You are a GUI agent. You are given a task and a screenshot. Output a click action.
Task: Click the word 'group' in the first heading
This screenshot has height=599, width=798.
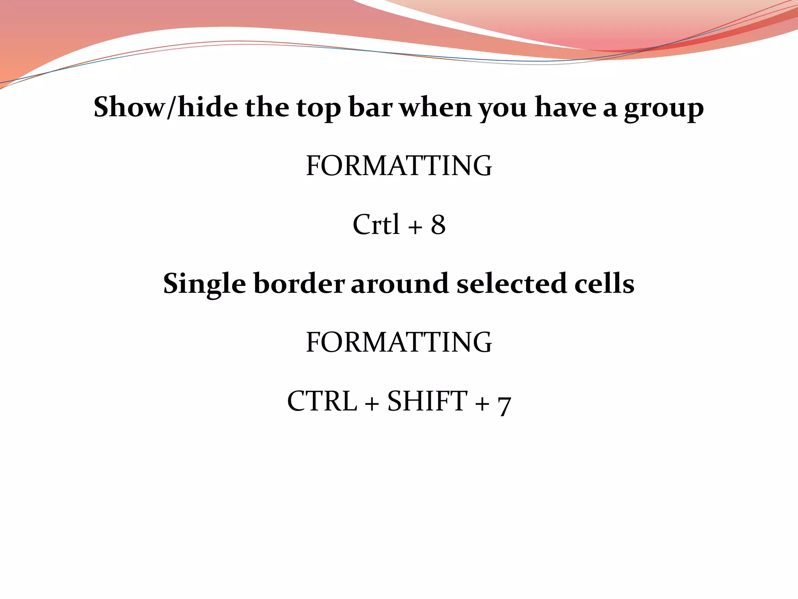(664, 109)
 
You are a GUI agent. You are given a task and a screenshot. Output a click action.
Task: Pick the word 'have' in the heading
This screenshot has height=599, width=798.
(565, 107)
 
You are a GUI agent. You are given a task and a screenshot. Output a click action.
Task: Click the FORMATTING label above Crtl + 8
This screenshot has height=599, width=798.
(399, 166)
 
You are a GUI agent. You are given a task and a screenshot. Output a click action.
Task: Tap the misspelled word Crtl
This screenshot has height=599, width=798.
(376, 225)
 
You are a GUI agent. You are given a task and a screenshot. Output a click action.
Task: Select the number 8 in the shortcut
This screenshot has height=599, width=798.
(438, 225)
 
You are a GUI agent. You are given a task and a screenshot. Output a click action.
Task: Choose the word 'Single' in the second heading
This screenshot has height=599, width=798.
(205, 284)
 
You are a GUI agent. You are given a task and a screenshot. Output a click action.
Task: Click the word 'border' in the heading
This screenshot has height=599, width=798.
(299, 284)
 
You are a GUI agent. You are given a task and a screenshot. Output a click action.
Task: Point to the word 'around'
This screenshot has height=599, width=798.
(400, 284)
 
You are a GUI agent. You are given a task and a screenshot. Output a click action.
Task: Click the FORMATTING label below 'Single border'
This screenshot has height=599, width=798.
(399, 342)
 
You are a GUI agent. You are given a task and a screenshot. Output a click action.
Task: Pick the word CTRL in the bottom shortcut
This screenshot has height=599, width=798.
(322, 401)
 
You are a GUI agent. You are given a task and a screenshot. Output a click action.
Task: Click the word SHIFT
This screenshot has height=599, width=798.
(427, 401)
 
